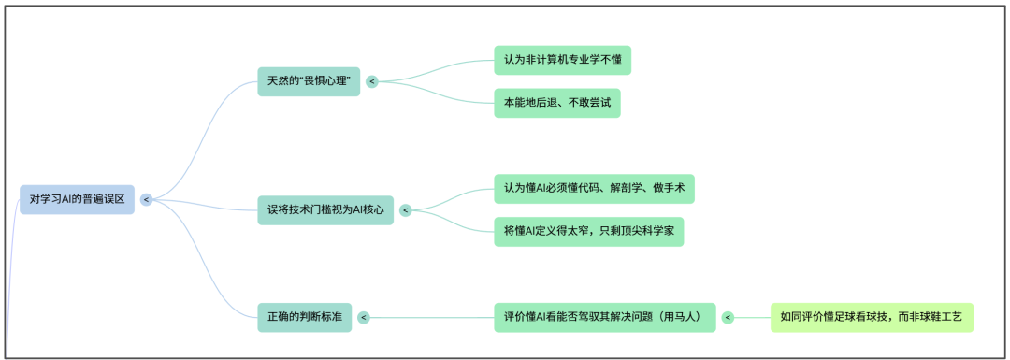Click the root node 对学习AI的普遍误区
(x=77, y=199)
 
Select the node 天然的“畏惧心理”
(x=309, y=81)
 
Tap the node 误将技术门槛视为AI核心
(x=325, y=210)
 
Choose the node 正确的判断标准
(x=304, y=318)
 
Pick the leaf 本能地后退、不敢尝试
(x=557, y=103)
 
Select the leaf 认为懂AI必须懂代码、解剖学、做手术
(x=594, y=189)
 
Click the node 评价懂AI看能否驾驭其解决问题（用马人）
(x=604, y=318)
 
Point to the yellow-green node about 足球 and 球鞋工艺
(x=872, y=318)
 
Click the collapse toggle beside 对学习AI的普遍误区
(x=147, y=199)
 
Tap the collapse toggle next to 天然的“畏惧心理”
(x=372, y=81)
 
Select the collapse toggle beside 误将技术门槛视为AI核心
(x=406, y=210)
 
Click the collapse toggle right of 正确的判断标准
(x=363, y=318)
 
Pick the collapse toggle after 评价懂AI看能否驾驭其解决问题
(x=728, y=318)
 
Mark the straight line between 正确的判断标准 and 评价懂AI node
(x=430, y=318)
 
